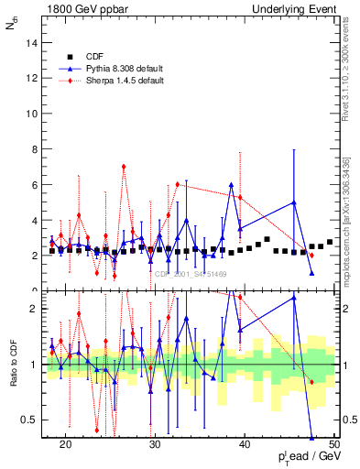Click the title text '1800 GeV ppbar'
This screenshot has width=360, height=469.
pos(81,9)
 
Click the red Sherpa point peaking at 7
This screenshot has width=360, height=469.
pos(124,167)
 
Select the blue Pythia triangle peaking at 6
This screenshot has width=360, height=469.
pos(232,185)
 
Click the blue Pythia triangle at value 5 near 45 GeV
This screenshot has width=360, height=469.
pos(294,202)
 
